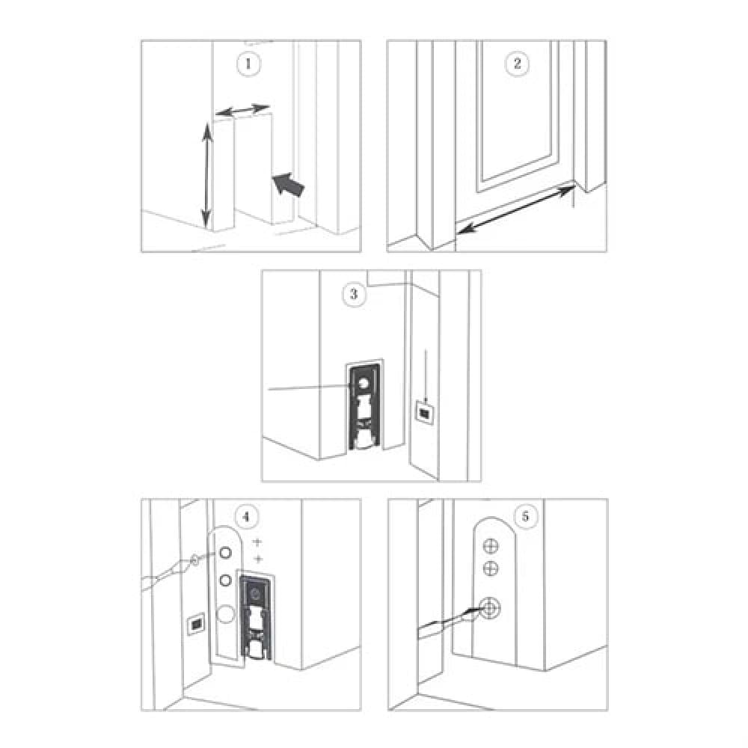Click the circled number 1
[248, 64]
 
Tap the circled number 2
[517, 64]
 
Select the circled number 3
[354, 293]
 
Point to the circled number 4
[247, 517]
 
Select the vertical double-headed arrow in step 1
[206, 175]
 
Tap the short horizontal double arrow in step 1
[242, 110]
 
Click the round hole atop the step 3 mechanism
[363, 382]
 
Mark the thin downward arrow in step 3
[425, 376]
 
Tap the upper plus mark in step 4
[257, 542]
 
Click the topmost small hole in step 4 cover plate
[225, 553]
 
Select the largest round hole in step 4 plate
[226, 613]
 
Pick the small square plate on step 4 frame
[196, 624]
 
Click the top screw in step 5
[491, 546]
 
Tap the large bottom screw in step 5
[489, 608]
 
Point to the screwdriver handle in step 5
[434, 630]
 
